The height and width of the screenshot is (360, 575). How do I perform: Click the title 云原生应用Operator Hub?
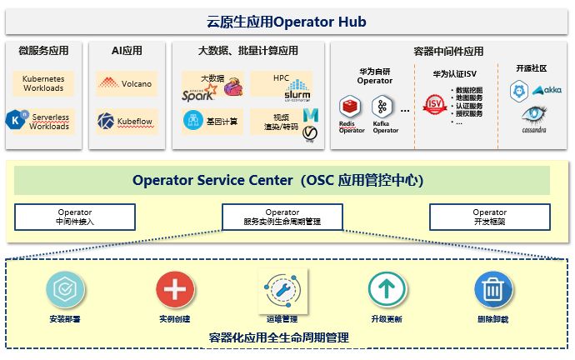[286, 21]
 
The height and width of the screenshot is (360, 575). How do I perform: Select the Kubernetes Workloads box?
[43, 82]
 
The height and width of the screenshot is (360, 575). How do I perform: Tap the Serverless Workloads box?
[43, 121]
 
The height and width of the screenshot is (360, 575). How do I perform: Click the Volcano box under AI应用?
[126, 83]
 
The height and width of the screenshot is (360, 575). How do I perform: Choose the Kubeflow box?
[126, 121]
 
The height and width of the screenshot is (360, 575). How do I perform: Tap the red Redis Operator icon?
[350, 107]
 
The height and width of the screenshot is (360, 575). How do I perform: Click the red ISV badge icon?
[433, 105]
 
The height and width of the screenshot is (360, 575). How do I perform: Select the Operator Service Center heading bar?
[282, 180]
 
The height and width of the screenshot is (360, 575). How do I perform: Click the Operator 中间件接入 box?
[75, 217]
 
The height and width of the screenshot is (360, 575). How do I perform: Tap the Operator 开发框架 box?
[489, 217]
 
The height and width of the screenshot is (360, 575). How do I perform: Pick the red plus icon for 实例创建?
[175, 290]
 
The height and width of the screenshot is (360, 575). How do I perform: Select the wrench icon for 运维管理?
[282, 289]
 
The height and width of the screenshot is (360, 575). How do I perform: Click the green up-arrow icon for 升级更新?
[387, 290]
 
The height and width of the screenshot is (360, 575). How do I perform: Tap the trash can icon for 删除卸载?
[493, 290]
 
